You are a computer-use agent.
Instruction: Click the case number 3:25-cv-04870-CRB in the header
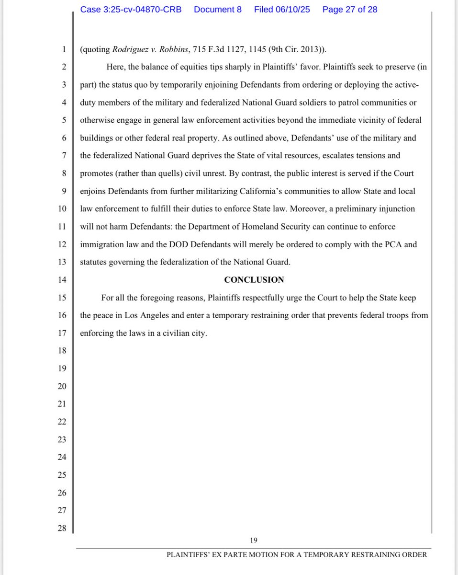pyautogui.click(x=131, y=10)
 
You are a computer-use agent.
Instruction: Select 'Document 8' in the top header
pyautogui.click(x=218, y=10)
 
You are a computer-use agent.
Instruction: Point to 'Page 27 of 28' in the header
pyautogui.click(x=350, y=10)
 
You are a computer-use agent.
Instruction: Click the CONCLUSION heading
pyautogui.click(x=254, y=280)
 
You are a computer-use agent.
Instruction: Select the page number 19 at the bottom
pyautogui.click(x=254, y=540)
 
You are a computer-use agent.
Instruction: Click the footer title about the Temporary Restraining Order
pyautogui.click(x=297, y=555)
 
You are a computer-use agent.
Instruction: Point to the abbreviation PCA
pyautogui.click(x=391, y=244)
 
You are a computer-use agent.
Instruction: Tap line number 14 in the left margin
pyautogui.click(x=62, y=280)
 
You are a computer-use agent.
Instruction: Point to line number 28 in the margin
pyautogui.click(x=62, y=528)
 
